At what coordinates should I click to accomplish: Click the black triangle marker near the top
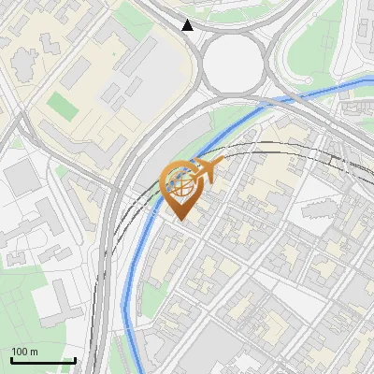[188, 25]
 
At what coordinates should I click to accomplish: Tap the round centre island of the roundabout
[234, 63]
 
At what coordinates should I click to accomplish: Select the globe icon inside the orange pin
[180, 184]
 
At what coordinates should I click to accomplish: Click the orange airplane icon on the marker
[208, 170]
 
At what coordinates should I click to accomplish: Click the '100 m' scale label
[25, 351]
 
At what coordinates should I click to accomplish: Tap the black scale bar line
[43, 360]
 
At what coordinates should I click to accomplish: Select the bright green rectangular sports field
[64, 104]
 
